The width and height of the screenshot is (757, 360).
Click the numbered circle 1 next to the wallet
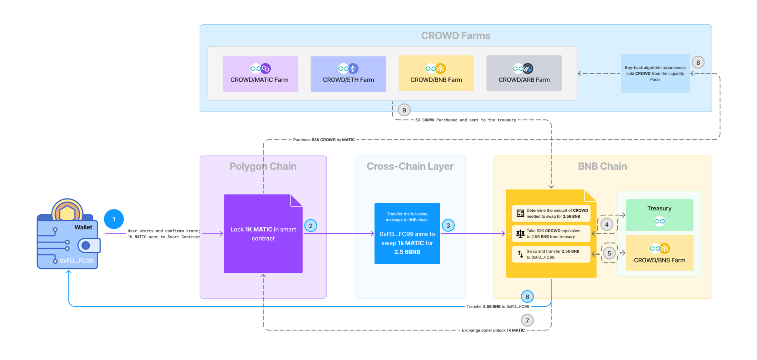(114, 219)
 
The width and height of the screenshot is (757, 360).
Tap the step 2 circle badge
(310, 226)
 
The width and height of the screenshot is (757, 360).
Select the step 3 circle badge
(448, 225)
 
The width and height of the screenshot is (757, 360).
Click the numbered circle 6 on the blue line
(527, 296)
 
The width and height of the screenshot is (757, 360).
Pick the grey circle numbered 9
(404, 110)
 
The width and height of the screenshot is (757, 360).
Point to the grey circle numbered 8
(698, 62)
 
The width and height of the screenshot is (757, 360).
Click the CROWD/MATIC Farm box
(260, 74)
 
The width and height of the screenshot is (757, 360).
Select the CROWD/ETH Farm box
(348, 74)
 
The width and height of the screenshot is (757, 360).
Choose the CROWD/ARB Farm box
(524, 73)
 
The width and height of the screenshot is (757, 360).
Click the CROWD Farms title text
(455, 36)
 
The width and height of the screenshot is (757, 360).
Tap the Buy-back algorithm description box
(655, 74)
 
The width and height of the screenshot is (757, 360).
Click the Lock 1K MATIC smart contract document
(263, 234)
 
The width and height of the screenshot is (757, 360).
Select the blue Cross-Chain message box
(407, 234)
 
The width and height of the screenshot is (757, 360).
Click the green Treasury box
(659, 215)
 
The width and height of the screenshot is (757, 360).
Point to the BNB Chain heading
(602, 166)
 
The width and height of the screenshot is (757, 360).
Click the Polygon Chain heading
(263, 166)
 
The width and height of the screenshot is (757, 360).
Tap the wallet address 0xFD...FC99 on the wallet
(77, 261)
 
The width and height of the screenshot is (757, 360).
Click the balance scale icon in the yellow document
(520, 234)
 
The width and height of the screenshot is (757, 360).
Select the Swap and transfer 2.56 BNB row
(551, 254)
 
